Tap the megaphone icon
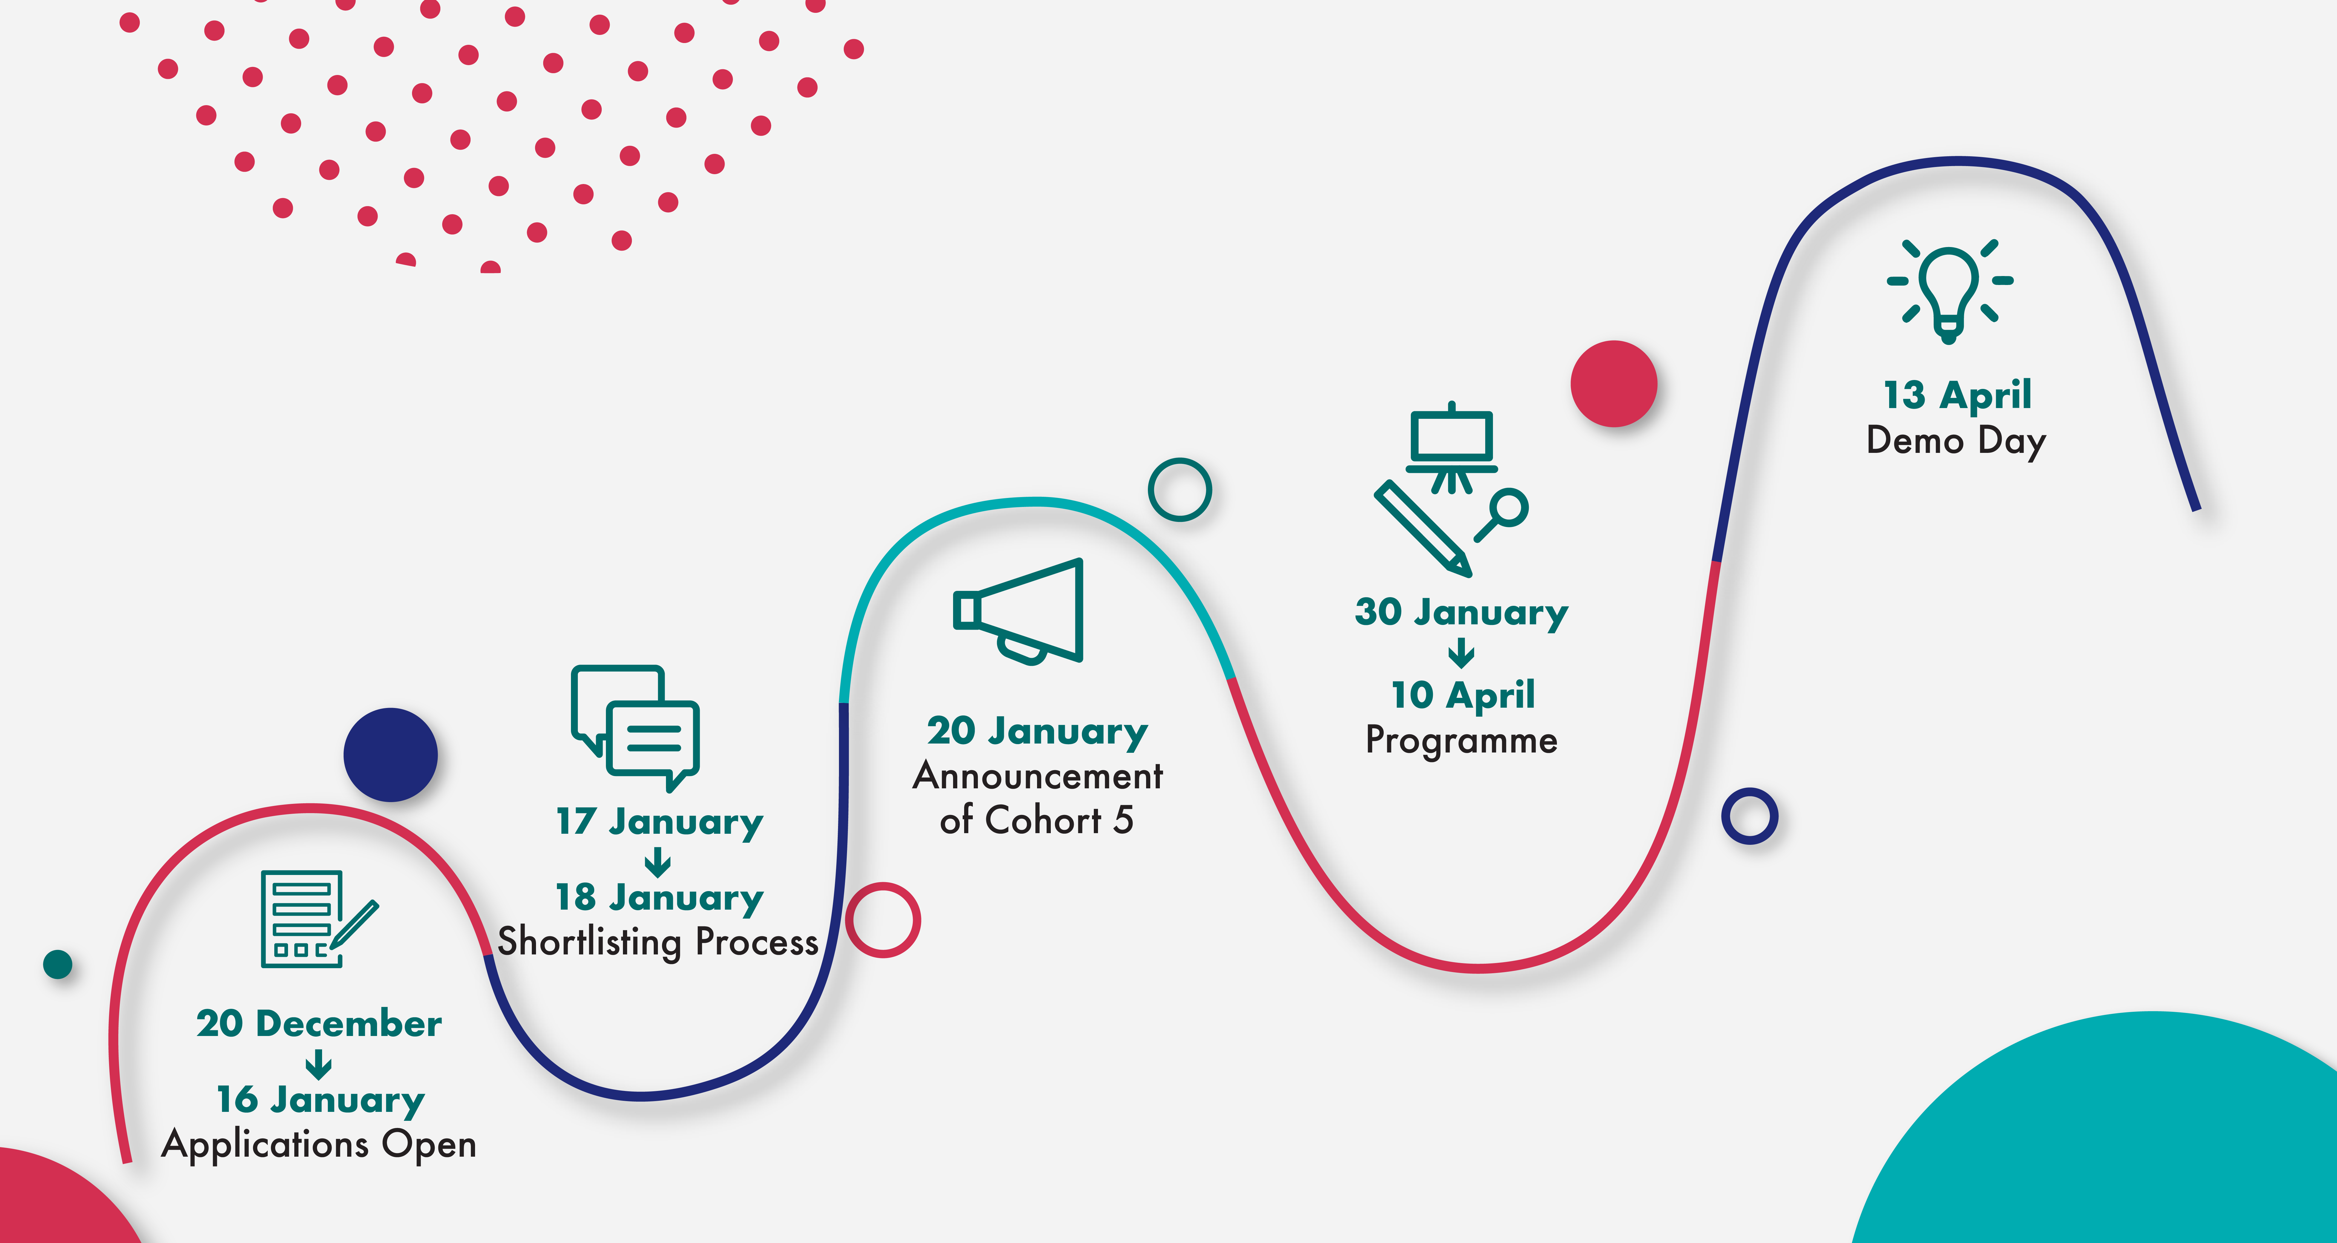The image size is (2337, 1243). pos(1018,611)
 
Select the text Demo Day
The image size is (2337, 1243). pos(1956,441)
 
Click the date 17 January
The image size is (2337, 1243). pos(660,822)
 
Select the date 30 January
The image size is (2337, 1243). pos(1462,612)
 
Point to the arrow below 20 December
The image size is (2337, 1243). pos(318,1063)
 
